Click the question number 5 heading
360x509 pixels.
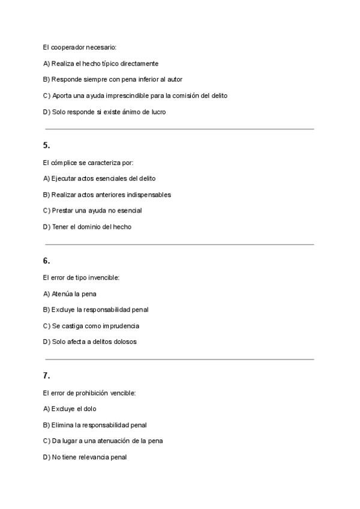(46, 145)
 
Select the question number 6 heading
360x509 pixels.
(46, 261)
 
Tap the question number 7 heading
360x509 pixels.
(46, 376)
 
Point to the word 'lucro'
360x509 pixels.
(158, 112)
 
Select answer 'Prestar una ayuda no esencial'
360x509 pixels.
(92, 211)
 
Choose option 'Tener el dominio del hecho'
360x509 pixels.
(87, 227)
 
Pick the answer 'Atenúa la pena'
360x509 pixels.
(70, 294)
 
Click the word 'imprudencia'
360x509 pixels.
(121, 326)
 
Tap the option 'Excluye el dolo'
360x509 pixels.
(70, 409)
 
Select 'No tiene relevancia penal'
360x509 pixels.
(85, 457)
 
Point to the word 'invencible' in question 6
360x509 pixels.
(104, 278)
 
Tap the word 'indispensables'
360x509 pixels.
(149, 194)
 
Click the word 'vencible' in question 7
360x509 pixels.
(123, 393)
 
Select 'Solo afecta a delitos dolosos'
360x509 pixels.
(90, 342)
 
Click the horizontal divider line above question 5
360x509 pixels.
(179, 129)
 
